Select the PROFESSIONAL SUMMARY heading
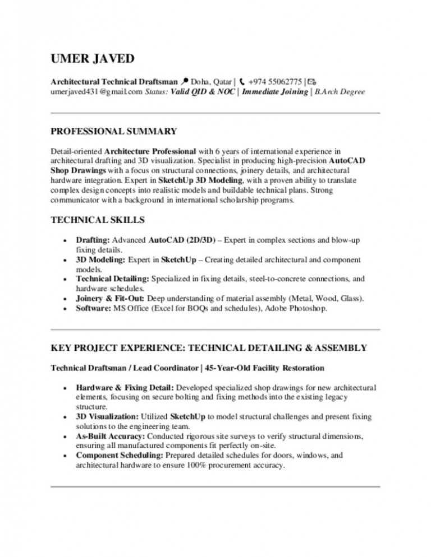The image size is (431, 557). tap(114, 132)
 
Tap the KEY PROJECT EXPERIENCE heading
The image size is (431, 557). tap(209, 348)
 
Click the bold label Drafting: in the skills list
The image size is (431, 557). tap(93, 240)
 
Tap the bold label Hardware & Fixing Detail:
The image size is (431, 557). tap(126, 387)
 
